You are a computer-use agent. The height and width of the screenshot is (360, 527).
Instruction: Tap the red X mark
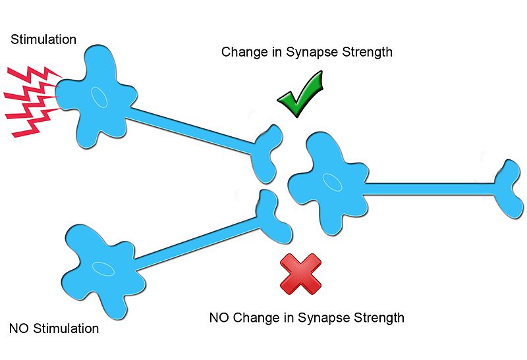300,274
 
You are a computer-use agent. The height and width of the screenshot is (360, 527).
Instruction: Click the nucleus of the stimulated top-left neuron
99,96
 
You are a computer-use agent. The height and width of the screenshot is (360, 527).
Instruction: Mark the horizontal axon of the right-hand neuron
428,189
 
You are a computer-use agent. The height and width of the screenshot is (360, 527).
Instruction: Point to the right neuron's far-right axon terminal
511,188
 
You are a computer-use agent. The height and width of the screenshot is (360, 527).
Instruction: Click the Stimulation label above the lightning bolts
43,40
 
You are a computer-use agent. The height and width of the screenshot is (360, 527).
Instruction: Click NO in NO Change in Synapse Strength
219,318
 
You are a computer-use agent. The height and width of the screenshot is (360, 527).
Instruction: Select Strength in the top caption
369,51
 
